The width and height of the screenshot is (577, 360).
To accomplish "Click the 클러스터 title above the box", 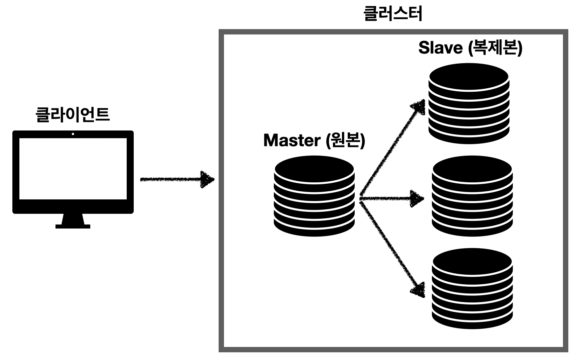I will (x=392, y=14).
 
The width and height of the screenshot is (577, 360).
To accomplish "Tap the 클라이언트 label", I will (x=73, y=115).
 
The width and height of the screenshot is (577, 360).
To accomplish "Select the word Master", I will (x=292, y=140).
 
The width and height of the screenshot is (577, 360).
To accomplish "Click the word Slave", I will (x=440, y=48).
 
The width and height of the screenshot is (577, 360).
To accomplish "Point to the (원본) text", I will (x=345, y=140).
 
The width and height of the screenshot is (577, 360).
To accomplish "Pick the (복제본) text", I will (x=495, y=48).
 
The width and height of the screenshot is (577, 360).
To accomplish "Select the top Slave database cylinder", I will (x=469, y=104).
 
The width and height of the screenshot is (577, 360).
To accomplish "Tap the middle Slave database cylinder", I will (x=472, y=196).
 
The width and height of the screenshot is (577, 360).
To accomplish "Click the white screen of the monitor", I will (x=73, y=169).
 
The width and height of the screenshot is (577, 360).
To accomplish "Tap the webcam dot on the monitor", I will (x=73, y=134).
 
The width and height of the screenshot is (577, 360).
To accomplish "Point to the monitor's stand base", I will (x=73, y=227).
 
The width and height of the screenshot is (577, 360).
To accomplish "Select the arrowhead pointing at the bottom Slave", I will (x=418, y=290).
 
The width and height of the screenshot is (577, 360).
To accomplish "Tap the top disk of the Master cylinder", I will (x=314, y=169).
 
